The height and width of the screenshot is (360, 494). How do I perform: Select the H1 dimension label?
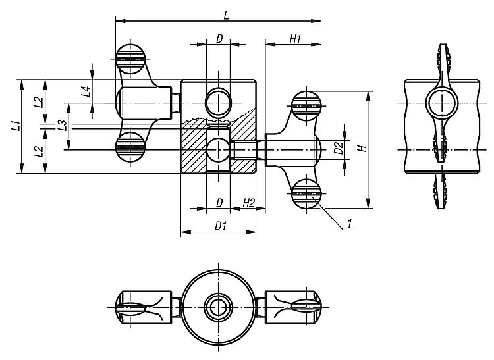[294, 39]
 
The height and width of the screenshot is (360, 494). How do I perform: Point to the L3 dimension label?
[61, 126]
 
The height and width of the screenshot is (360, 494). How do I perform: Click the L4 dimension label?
[86, 91]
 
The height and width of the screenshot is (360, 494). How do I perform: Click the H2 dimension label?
[248, 203]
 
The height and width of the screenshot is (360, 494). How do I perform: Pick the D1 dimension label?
[219, 226]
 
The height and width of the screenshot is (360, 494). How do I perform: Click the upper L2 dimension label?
[38, 101]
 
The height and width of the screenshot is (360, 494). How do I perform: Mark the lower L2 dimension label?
[38, 151]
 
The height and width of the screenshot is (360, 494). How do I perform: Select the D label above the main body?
[219, 39]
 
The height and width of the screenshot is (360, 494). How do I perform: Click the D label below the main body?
[219, 203]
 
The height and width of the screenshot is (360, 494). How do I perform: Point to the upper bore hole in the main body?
[217, 102]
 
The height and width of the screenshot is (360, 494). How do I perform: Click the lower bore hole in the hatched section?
[217, 149]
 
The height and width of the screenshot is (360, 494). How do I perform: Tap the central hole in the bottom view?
[217, 307]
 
